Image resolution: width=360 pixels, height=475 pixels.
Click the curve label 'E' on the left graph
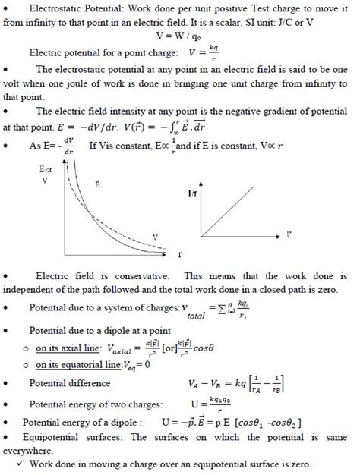click(x=96, y=184)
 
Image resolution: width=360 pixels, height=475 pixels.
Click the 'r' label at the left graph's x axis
click(x=179, y=252)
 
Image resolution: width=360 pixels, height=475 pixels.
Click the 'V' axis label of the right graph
click(x=289, y=234)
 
